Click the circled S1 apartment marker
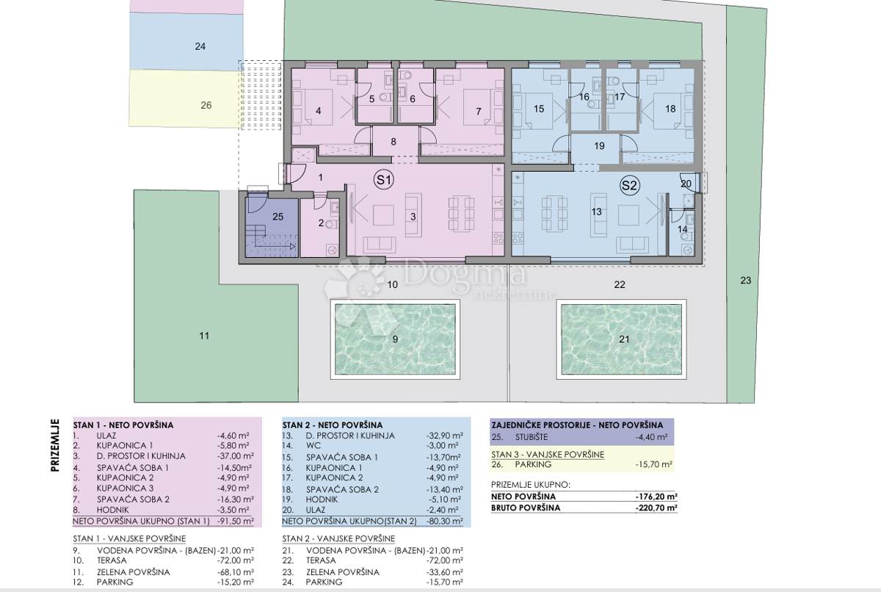(383, 180)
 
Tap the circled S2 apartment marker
(629, 185)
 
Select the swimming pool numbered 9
(395, 339)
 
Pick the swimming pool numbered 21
(621, 339)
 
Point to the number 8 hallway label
(394, 142)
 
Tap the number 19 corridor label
(599, 146)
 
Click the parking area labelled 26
(186, 98)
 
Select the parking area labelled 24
(186, 41)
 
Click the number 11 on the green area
(204, 336)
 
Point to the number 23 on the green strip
(746, 280)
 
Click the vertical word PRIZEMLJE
(55, 445)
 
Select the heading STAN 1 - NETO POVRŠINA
(123, 425)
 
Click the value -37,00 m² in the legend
(235, 456)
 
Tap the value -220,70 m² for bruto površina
(656, 508)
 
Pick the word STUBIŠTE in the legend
(532, 437)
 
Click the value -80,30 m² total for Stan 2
(444, 521)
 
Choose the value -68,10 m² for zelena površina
(235, 572)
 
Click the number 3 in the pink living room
(413, 217)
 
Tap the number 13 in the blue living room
(596, 212)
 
